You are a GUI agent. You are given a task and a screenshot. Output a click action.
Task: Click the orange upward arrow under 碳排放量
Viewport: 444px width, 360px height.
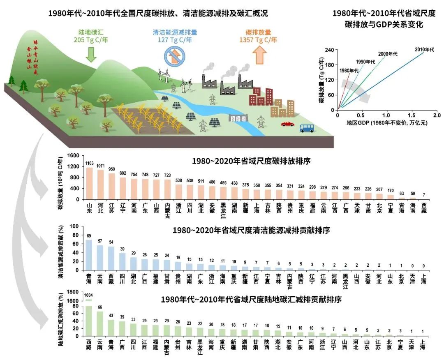[259, 55]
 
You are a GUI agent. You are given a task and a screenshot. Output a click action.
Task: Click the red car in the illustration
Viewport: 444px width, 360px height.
[288, 123]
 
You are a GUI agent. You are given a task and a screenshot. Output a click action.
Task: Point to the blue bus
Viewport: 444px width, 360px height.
[307, 128]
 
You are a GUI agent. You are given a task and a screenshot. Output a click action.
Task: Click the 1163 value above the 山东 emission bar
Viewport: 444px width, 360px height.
[90, 164]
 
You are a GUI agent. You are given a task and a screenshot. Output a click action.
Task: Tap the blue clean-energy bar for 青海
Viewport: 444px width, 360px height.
[88, 255]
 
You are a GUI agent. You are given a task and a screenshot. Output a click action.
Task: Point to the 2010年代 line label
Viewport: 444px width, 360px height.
[424, 50]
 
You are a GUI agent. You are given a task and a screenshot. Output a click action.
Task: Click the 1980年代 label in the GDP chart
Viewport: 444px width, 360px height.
[349, 70]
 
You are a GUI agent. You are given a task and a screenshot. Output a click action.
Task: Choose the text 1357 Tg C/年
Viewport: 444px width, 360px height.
[258, 40]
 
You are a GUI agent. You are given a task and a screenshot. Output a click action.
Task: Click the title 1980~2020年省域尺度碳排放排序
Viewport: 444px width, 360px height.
[251, 162]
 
